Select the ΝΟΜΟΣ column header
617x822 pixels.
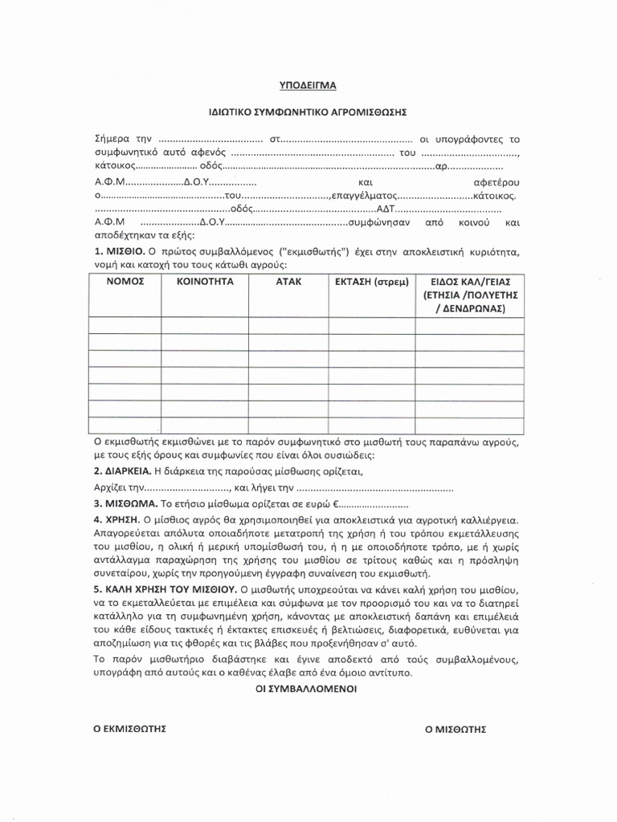(124, 282)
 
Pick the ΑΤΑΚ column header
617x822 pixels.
(288, 282)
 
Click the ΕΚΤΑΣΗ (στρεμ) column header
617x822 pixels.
(371, 282)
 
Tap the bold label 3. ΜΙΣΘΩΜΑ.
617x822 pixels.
(126, 505)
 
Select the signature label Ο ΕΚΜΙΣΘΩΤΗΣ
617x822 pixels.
(129, 729)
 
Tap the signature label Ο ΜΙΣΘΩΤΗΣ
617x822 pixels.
(456, 729)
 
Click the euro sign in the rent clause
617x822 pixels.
(337, 505)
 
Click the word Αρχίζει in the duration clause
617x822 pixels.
(110, 488)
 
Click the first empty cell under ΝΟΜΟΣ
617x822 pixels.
(124, 324)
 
